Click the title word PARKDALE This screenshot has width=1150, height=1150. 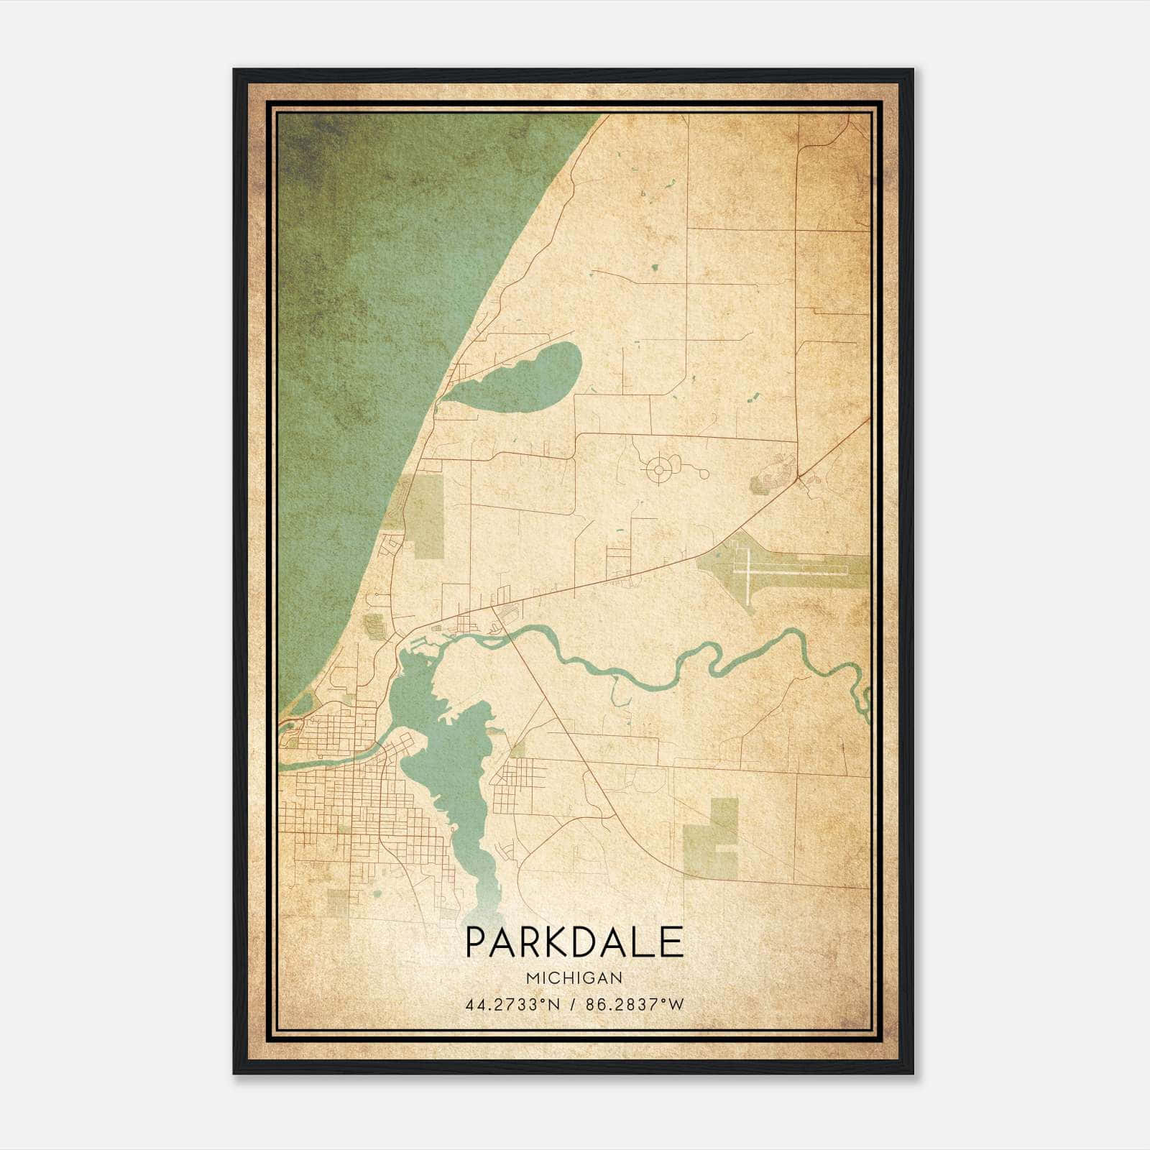pos(574,942)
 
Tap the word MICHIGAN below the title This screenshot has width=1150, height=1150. pos(574,977)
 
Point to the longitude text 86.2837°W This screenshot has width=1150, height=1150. pos(635,1005)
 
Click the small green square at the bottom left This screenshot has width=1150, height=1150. pos(337,903)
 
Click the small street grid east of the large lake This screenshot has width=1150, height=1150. pos(514,780)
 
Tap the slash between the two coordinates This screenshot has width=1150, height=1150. pos(573,1005)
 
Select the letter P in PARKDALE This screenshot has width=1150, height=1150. pos(476,942)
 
